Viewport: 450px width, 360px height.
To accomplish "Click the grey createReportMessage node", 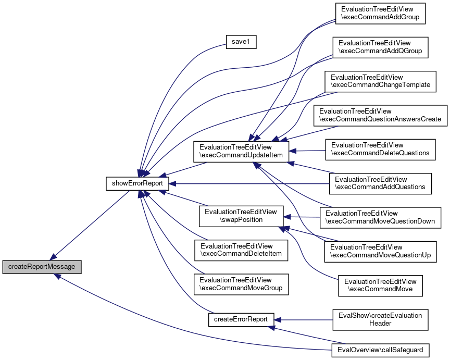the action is tap(42, 267).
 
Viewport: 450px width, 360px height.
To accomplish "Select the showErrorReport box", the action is tap(137, 183).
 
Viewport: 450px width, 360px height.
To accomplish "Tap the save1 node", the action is tap(241, 42).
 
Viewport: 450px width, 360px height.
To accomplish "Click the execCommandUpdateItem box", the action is tap(241, 151).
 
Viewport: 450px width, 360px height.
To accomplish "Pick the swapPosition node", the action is tap(241, 216).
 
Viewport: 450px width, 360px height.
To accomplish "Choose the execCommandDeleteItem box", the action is tap(241, 251).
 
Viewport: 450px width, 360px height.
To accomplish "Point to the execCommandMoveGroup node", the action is tap(241, 284).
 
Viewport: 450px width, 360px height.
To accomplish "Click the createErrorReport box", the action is tap(241, 319).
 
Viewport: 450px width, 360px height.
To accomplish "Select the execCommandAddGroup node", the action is tap(380, 14).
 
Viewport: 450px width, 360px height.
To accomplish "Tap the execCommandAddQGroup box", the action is tap(380, 47).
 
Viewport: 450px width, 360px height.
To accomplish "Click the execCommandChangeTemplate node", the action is tap(380, 81).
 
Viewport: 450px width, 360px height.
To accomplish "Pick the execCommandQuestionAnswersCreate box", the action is tap(380, 116).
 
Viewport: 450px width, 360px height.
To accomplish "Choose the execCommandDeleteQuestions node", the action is tap(380, 150).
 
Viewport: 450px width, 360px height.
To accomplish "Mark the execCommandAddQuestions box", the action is tap(380, 183).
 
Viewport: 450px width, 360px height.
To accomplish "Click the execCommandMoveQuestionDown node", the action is tap(380, 218).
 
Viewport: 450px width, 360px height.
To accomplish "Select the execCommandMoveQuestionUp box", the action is tap(380, 252).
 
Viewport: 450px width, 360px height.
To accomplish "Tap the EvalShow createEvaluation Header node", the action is tap(380, 319).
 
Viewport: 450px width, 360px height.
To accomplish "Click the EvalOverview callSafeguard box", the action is tap(380, 350).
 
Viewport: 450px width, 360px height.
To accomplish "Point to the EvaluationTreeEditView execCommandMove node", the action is tap(380, 285).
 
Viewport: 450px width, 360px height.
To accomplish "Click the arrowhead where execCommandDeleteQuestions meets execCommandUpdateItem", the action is tap(292, 151).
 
